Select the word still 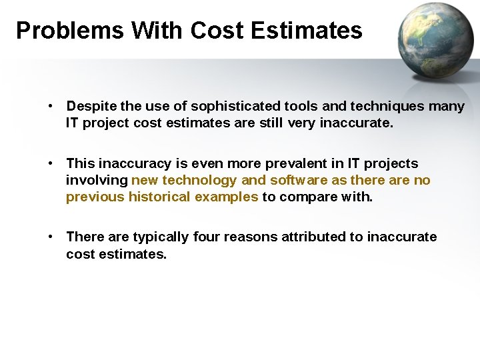274,123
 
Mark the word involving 97,180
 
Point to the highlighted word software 299,180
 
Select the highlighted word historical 159,197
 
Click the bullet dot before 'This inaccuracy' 51,163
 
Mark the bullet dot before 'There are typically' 51,237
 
